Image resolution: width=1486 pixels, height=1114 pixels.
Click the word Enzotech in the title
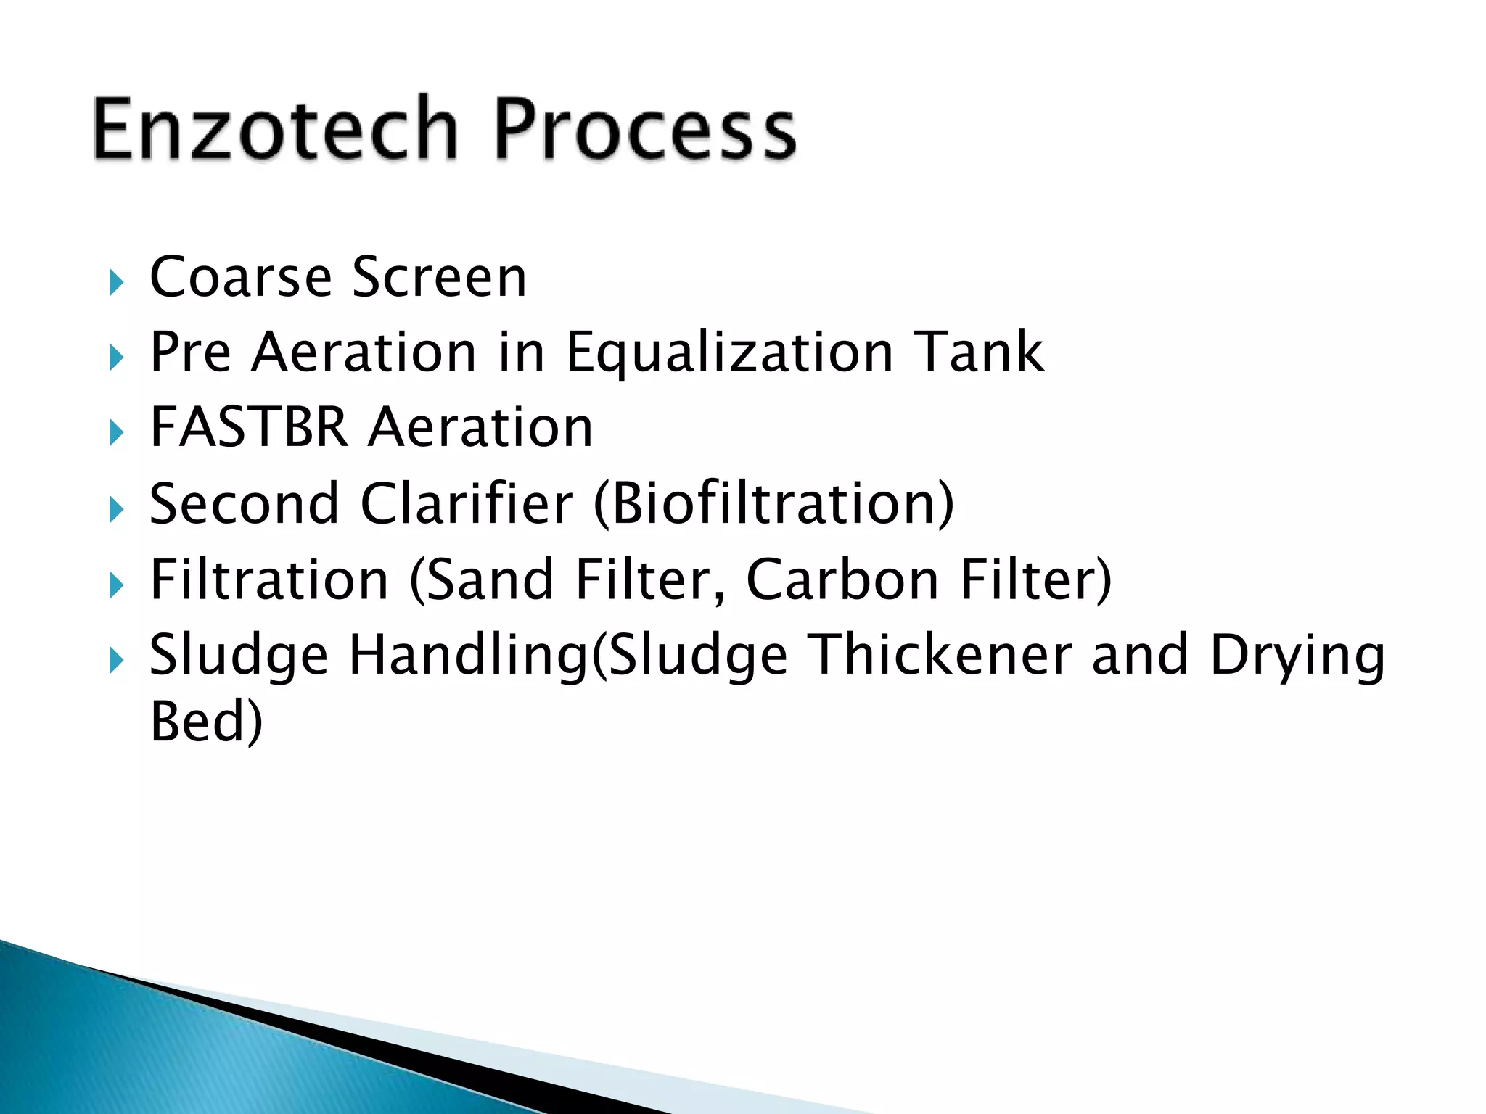tap(276, 129)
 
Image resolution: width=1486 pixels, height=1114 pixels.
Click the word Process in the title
tap(646, 129)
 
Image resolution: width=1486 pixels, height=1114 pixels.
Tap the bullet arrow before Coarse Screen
tap(116, 282)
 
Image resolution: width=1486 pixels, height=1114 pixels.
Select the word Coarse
tap(240, 278)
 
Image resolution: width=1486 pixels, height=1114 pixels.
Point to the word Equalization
tap(729, 353)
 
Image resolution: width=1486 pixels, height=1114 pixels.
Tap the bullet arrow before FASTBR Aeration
tap(116, 433)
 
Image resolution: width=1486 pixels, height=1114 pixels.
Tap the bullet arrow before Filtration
tap(116, 585)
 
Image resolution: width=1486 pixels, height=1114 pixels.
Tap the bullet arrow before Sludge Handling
tap(116, 661)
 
